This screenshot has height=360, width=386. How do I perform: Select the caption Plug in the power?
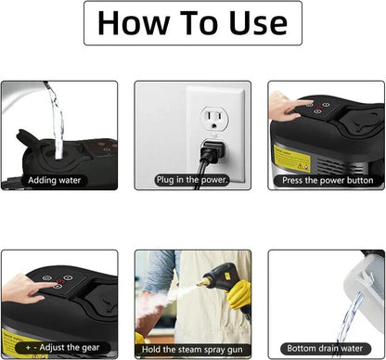[x=192, y=179]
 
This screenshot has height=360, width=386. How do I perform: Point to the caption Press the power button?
[x=328, y=179]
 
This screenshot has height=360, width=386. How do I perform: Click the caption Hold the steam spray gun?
[x=192, y=348]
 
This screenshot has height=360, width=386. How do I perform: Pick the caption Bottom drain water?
[x=328, y=348]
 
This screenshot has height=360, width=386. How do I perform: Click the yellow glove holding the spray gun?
[x=239, y=295]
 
